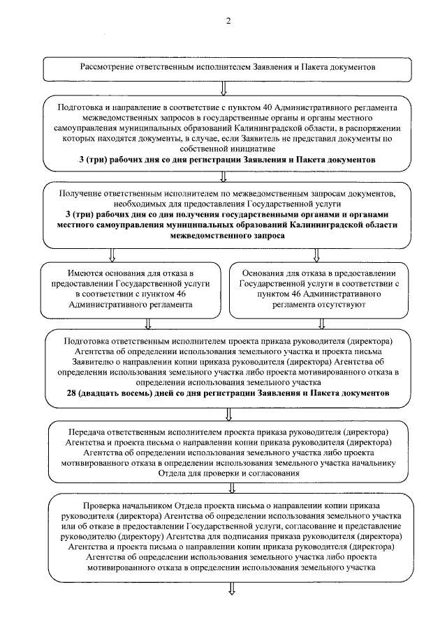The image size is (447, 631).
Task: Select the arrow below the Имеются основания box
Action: [x=147, y=324]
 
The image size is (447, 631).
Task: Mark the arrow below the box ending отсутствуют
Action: [x=322, y=324]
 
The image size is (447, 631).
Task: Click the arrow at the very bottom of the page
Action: [x=230, y=590]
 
